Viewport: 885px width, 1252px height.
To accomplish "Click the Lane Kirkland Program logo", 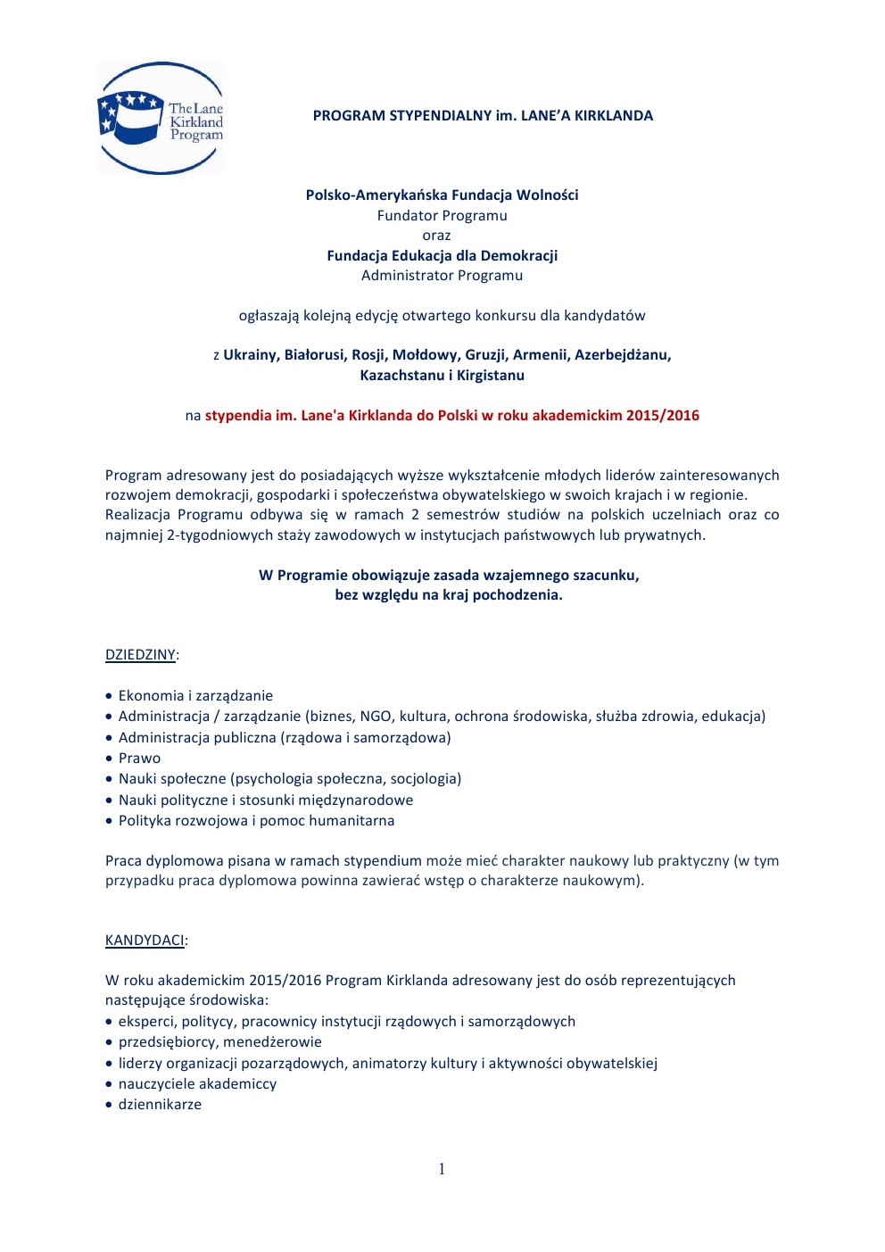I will [x=160, y=118].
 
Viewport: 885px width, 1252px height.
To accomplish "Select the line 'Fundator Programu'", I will [x=442, y=216].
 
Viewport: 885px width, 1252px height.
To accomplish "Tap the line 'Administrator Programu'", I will [x=442, y=276].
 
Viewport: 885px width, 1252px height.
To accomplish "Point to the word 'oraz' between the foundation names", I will [x=436, y=236].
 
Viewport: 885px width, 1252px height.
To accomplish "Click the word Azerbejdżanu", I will [x=622, y=355].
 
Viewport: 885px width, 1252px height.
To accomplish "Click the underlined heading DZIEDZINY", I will [x=140, y=655].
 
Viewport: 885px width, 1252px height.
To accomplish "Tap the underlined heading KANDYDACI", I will [x=145, y=941].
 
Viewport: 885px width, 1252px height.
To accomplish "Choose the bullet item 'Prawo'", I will [x=140, y=759].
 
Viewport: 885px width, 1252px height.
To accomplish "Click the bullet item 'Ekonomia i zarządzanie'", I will [x=195, y=696].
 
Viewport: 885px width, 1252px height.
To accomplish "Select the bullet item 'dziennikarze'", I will [x=160, y=1105].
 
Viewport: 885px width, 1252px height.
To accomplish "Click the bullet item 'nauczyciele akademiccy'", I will [x=197, y=1084].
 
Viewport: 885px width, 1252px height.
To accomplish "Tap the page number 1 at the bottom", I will [x=442, y=1169].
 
